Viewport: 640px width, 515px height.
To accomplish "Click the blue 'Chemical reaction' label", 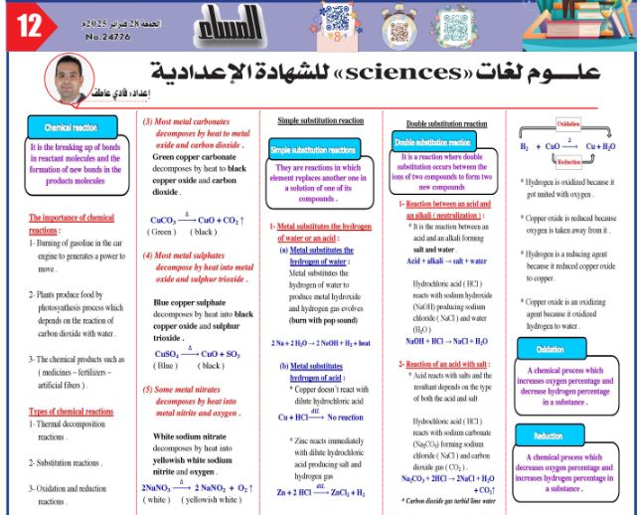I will (x=70, y=127).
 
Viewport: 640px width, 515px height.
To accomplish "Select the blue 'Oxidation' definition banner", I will (x=550, y=350).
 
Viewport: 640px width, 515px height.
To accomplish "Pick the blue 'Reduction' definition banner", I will (x=550, y=434).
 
